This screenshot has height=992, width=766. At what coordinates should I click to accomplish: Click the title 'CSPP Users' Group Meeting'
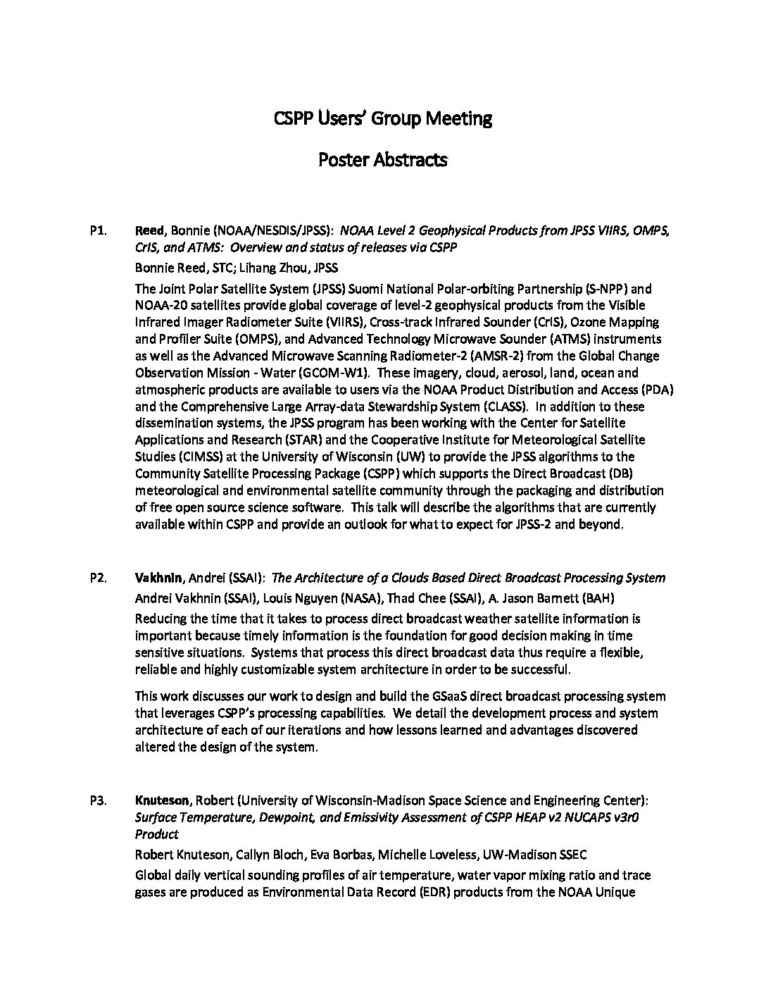(382, 118)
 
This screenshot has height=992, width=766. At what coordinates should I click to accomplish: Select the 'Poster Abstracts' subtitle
(382, 160)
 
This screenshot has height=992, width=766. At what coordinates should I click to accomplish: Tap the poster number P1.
(98, 230)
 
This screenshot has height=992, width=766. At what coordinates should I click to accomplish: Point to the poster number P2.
(98, 578)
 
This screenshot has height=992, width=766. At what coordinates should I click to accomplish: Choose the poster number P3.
(98, 801)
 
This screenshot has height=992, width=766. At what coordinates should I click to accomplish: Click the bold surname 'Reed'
(149, 230)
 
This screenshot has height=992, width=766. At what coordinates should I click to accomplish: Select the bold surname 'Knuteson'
(162, 801)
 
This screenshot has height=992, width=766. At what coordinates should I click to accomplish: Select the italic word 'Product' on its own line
(156, 835)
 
